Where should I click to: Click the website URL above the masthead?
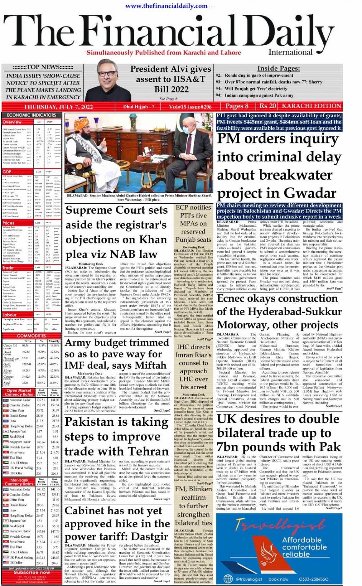[166, 6]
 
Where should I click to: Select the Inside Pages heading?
[278, 68]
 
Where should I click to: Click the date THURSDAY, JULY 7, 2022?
[58, 107]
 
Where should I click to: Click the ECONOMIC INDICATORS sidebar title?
[31, 115]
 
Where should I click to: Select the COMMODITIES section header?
[31, 336]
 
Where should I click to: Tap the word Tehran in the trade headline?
[144, 451]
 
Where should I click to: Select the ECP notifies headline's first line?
[193, 207]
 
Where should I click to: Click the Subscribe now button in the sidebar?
[31, 572]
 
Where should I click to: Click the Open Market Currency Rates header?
[19, 392]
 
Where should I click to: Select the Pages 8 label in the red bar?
[237, 106]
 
